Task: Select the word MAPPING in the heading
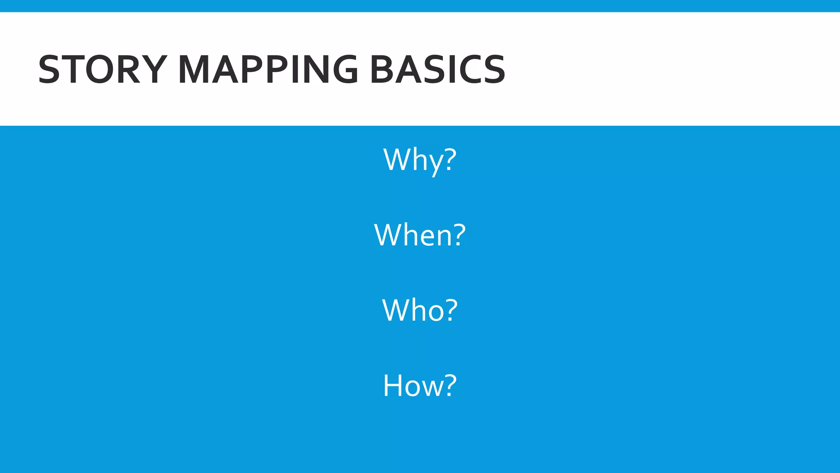268,69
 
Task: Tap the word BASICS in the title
438,69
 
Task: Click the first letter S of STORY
49,69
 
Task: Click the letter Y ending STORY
154,69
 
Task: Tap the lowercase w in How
429,388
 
